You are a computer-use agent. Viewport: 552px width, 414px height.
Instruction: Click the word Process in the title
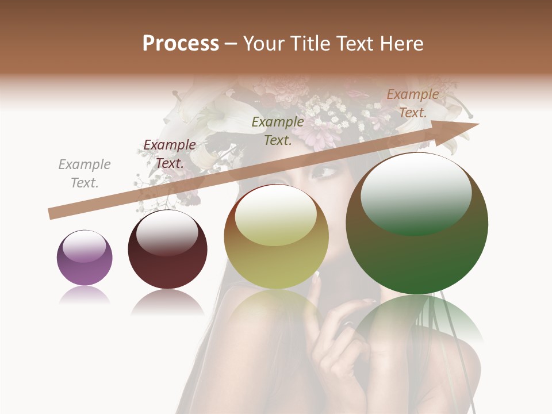pyautogui.click(x=181, y=44)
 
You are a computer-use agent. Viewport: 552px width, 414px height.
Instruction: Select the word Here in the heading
pyautogui.click(x=402, y=44)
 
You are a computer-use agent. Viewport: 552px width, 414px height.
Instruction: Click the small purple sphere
pyautogui.click(x=85, y=258)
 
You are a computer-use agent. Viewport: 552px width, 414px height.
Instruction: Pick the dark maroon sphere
pyautogui.click(x=167, y=250)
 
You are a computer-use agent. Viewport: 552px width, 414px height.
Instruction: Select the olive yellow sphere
pyautogui.click(x=276, y=237)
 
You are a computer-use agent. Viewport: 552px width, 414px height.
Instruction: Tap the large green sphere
pyautogui.click(x=417, y=224)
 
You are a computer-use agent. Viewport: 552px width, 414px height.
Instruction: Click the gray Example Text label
pyautogui.click(x=85, y=174)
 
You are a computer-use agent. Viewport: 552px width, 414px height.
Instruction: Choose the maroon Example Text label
pyautogui.click(x=170, y=154)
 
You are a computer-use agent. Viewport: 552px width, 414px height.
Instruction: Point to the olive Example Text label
pyautogui.click(x=278, y=131)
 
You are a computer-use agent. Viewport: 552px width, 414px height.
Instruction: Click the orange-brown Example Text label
pyautogui.click(x=413, y=103)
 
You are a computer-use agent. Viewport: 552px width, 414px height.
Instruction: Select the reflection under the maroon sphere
pyautogui.click(x=167, y=302)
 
